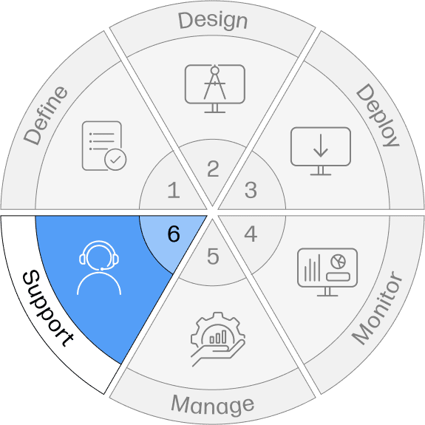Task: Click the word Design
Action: (213, 21)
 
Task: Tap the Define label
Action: (46, 116)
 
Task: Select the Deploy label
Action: (377, 115)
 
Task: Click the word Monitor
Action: (378, 307)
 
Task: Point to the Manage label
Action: (213, 405)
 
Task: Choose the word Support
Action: (48, 308)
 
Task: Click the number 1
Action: (174, 190)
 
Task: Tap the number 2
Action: (213, 169)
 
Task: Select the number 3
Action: (251, 190)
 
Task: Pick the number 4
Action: (251, 234)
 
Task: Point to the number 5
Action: (213, 256)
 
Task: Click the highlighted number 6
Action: (174, 234)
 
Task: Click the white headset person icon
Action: (99, 268)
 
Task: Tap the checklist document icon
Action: (104, 146)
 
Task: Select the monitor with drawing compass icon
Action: (215, 89)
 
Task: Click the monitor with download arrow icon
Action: (321, 151)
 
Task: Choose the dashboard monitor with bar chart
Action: (327, 272)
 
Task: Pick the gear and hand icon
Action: (218, 339)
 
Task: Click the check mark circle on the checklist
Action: (115, 160)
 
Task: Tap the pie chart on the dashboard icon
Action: (339, 262)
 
